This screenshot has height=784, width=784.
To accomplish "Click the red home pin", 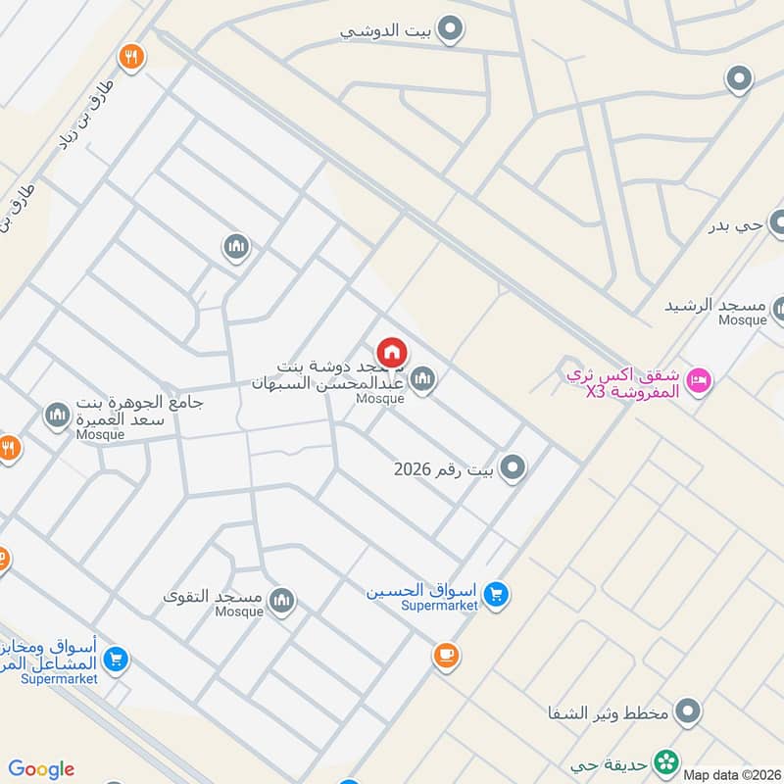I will point(392,353).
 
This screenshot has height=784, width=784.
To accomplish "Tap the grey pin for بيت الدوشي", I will point(450,30).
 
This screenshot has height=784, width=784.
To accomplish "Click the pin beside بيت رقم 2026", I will point(513,468).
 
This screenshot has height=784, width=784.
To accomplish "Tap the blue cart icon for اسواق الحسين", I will point(497,594).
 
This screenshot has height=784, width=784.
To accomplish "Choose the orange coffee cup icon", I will point(446,655).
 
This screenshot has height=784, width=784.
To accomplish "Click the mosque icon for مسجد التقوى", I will point(282,600).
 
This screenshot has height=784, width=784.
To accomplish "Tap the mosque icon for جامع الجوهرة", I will point(57,416).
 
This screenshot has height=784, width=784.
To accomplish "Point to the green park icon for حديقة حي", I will point(666,760).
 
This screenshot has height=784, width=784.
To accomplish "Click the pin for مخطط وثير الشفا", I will point(689,711).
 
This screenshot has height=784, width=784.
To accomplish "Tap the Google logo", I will point(41,769).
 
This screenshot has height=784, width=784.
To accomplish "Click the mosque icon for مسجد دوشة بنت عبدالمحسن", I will point(422,377).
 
